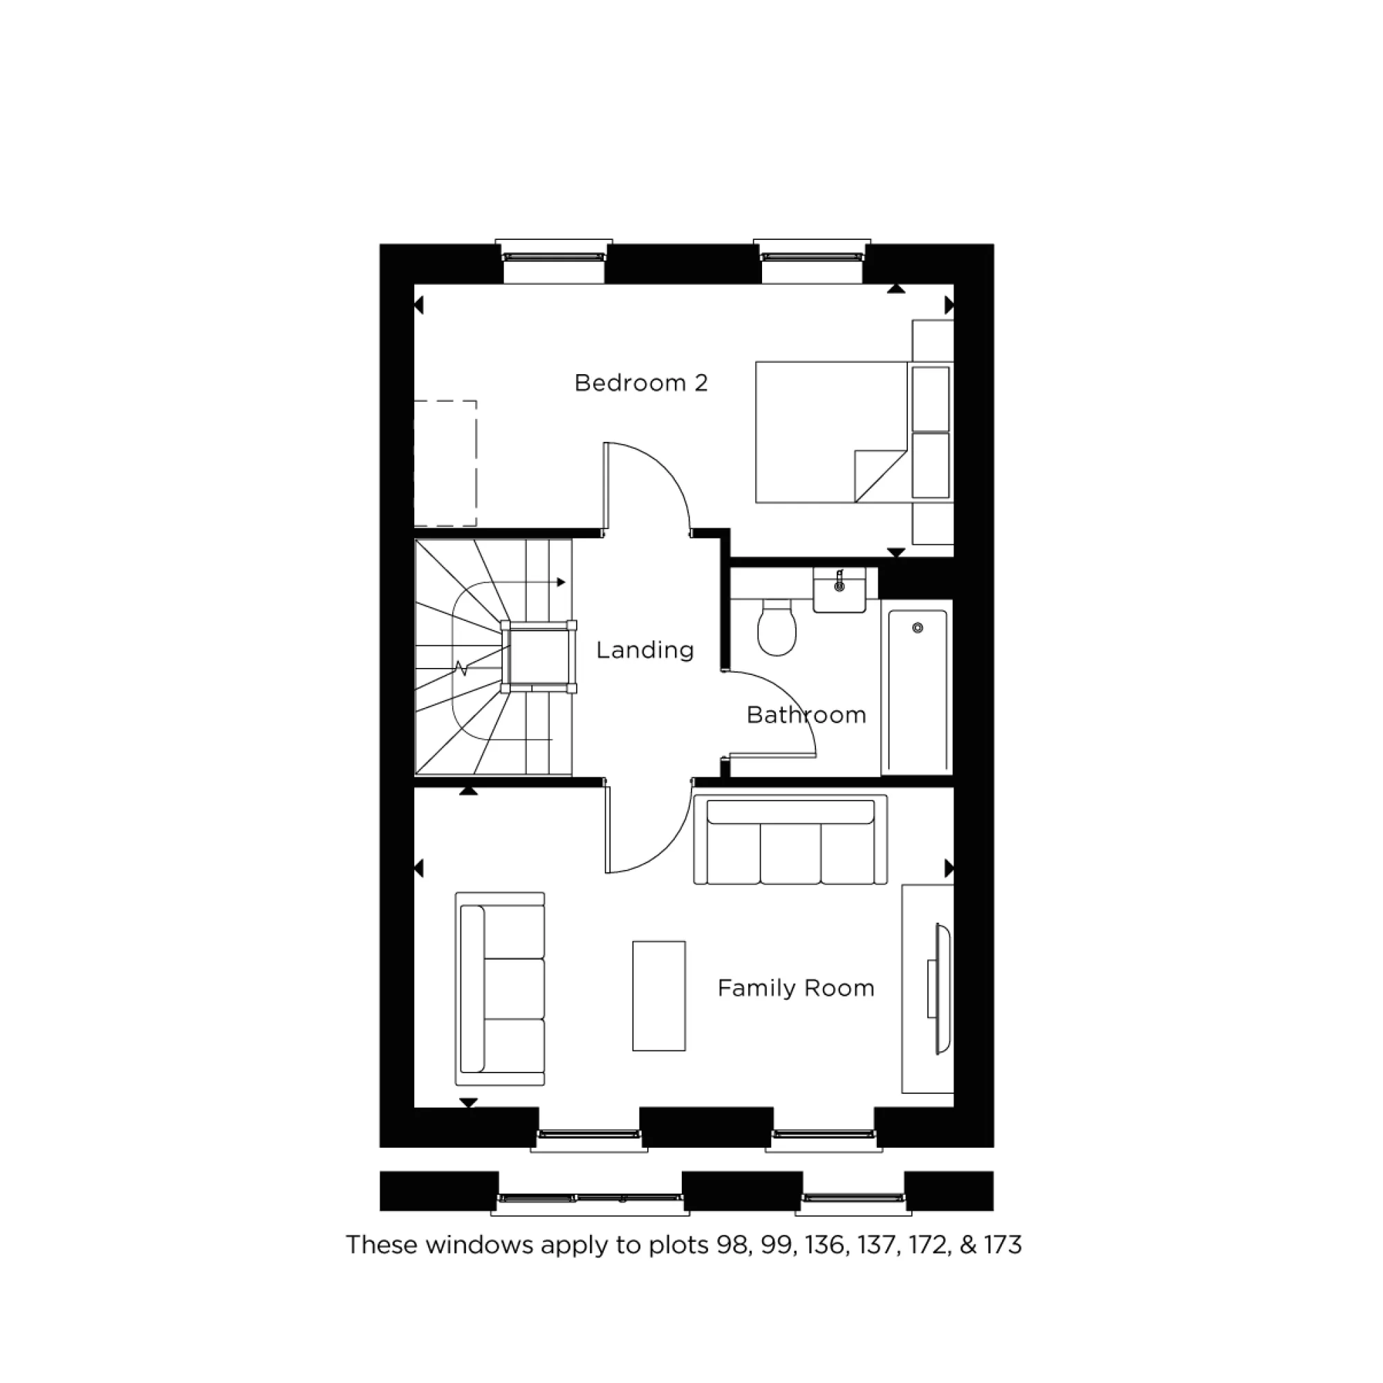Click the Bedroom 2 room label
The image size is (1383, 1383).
641,383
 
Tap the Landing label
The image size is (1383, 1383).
645,650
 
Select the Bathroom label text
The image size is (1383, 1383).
806,714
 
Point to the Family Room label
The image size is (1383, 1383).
796,988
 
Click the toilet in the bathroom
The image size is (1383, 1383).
777,628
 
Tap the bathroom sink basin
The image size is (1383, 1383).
839,591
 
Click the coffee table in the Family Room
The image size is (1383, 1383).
658,996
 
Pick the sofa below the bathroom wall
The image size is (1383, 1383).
790,841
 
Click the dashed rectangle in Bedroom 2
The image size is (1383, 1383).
445,463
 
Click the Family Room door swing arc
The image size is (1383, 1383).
662,845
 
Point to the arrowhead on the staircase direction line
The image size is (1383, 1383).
562,583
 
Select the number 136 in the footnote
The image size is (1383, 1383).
825,1245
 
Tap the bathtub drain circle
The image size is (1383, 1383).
918,628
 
